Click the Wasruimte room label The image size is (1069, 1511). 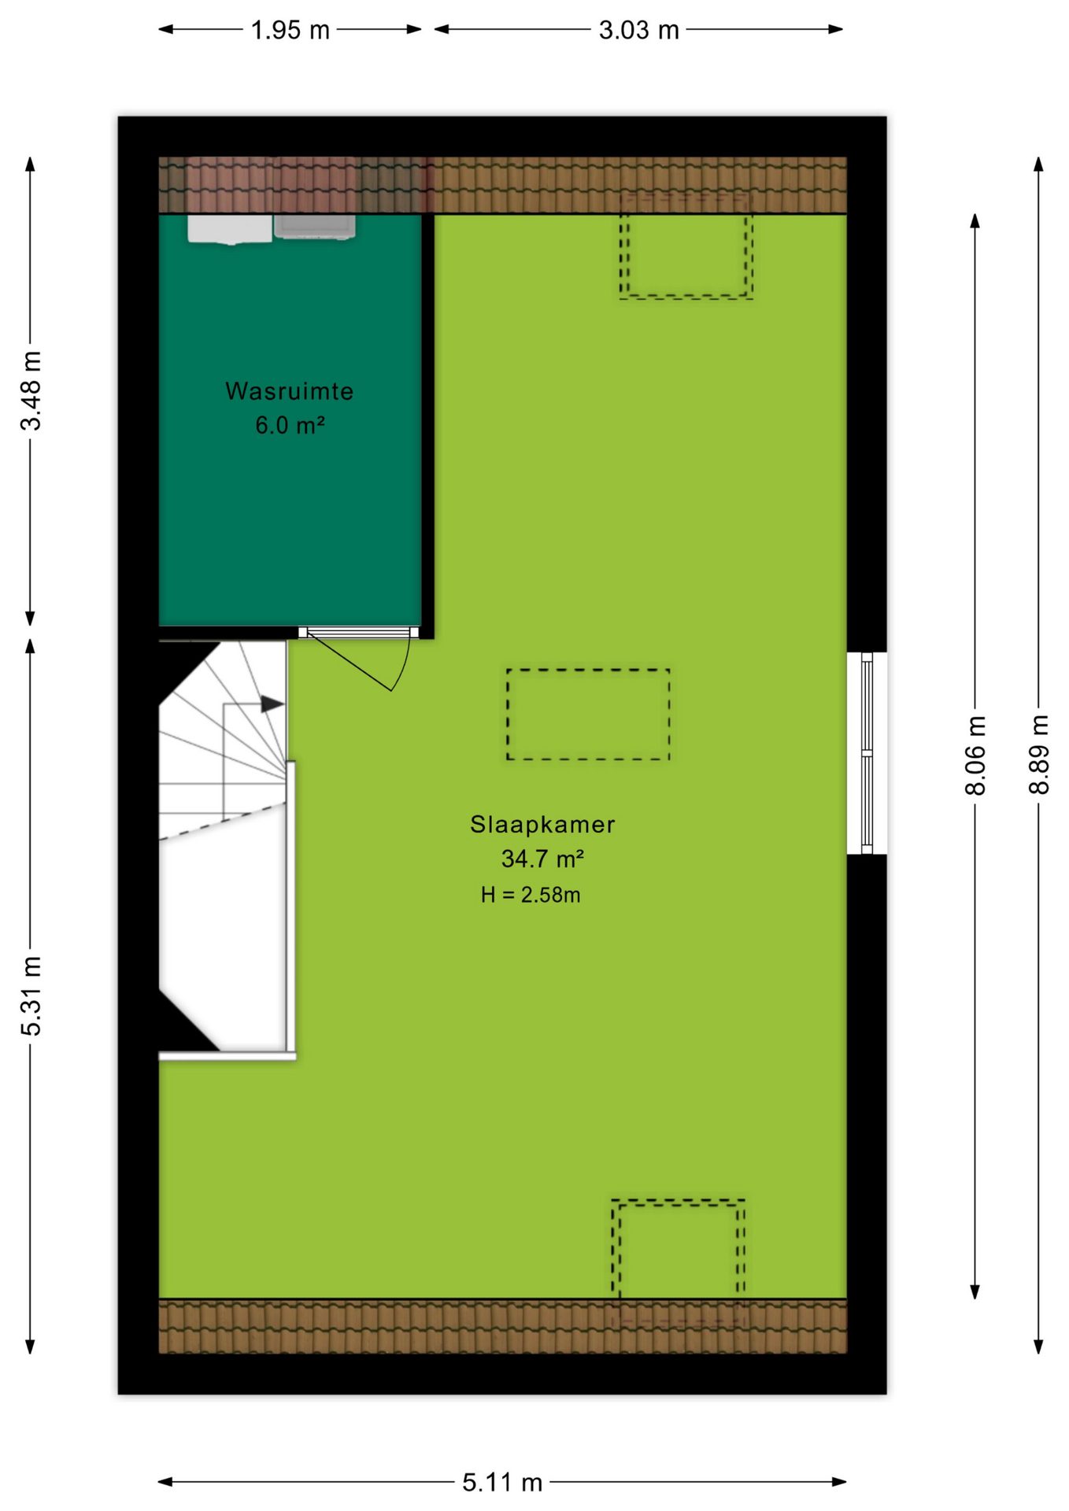coord(290,391)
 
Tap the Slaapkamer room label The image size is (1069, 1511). coord(542,824)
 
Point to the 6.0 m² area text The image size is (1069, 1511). coord(290,426)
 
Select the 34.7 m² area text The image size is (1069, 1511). coord(542,859)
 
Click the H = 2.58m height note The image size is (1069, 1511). coord(531,895)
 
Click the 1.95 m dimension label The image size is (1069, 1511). coord(290,30)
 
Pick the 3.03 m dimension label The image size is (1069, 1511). coord(638,30)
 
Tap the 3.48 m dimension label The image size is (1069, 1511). coord(31,391)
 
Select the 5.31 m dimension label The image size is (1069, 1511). coord(31,996)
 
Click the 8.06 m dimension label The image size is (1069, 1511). coord(975,755)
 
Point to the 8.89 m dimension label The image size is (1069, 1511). coord(1039,754)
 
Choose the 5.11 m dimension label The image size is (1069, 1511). coord(502,1483)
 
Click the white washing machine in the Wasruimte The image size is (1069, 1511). coord(230,229)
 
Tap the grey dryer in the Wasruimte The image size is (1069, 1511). coord(314,227)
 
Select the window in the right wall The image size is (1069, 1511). coord(867,753)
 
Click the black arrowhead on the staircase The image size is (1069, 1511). coord(272,704)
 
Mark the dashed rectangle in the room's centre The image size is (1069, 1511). coord(588,715)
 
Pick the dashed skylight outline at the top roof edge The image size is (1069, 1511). coord(686,246)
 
